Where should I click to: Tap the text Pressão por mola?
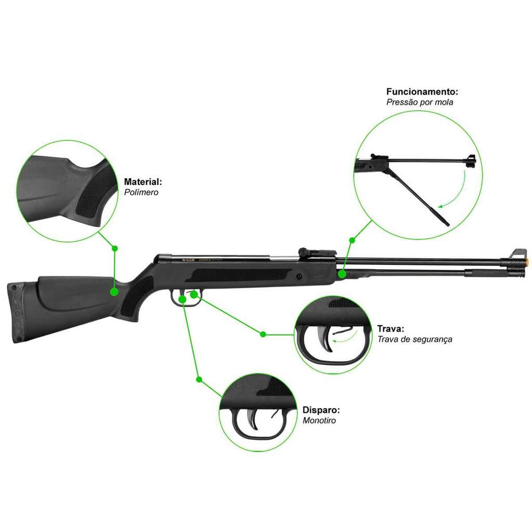point(419,102)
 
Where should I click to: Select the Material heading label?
point(143,182)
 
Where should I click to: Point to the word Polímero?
point(141,192)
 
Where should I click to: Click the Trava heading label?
point(391,329)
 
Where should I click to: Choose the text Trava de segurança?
point(415,339)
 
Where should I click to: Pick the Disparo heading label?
point(321,410)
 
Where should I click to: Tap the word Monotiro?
point(320,420)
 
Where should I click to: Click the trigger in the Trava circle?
point(324,339)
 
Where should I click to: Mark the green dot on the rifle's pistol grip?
point(115,291)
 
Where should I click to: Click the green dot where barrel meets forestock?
point(342,274)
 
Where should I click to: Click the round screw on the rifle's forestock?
point(299,276)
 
